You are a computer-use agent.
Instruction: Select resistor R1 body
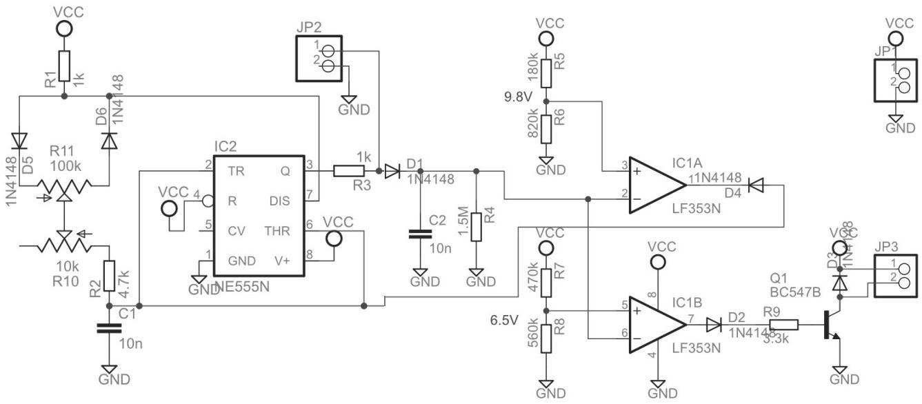[63, 65]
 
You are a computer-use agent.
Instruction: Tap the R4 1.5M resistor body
[476, 225]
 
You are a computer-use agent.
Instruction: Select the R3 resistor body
[345, 170]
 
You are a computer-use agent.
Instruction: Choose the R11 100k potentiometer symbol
[63, 185]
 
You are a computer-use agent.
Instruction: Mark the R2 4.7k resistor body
[108, 276]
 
